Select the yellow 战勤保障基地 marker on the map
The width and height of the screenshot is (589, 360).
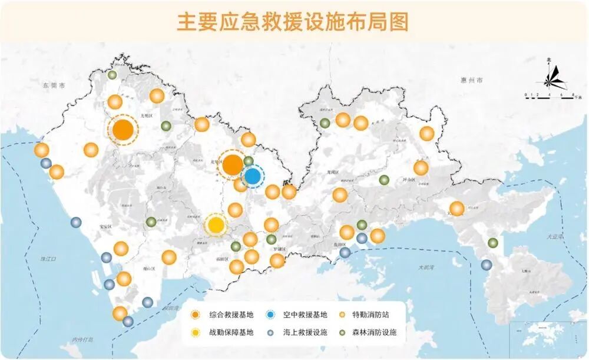[216, 224]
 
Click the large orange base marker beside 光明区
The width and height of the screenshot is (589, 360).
[123, 130]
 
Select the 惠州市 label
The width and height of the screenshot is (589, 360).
[471, 80]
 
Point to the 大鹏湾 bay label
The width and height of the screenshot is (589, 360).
[425, 267]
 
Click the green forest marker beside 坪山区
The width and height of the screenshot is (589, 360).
[384, 180]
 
